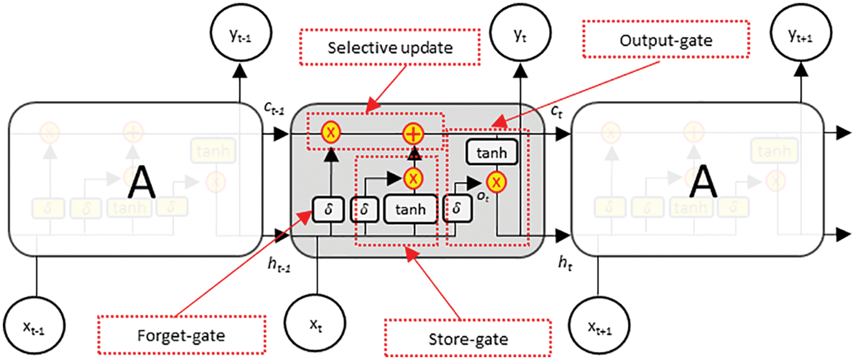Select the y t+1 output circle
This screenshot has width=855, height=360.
click(x=800, y=37)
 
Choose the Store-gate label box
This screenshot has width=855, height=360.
click(x=467, y=339)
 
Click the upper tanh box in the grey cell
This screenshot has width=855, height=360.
click(x=491, y=153)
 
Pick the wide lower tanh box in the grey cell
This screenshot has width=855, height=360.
click(x=412, y=210)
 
